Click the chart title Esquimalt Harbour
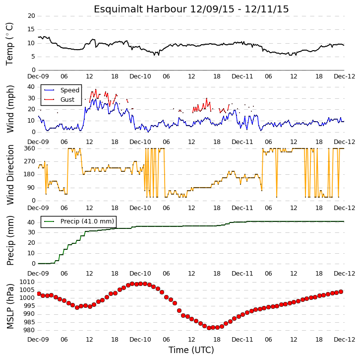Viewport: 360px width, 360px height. click(x=140, y=9)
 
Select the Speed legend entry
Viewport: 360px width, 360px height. click(x=61, y=90)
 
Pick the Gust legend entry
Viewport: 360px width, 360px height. click(x=59, y=99)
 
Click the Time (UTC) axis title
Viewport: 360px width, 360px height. click(x=191, y=350)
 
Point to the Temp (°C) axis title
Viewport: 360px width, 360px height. click(x=9, y=44)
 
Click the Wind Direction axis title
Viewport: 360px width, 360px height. click(x=10, y=175)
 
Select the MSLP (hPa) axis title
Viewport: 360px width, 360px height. click(x=10, y=306)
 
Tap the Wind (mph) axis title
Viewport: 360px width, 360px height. click(x=10, y=109)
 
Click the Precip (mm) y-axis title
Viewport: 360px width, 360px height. click(x=10, y=240)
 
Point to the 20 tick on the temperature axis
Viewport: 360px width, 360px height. click(x=31, y=16)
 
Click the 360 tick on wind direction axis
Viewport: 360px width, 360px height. click(x=30, y=148)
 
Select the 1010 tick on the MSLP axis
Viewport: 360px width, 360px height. click(x=27, y=282)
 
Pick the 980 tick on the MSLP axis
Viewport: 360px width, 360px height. click(x=29, y=330)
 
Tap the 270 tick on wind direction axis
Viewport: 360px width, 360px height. click(x=30, y=161)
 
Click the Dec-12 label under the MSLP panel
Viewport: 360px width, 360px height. click(x=344, y=340)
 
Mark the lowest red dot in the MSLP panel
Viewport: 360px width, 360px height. click(x=209, y=328)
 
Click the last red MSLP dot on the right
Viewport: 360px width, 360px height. click(x=341, y=292)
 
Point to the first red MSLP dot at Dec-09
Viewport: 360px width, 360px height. click(x=39, y=294)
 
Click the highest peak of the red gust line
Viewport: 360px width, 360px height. click(x=96, y=89)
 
